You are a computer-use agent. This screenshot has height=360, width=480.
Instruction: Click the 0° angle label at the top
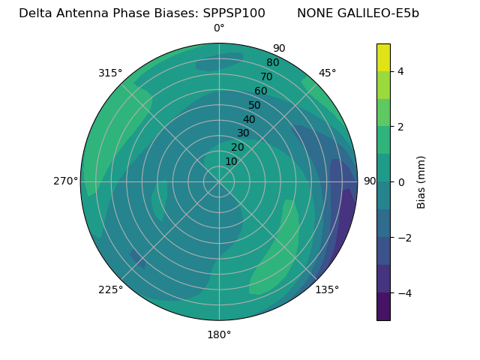[219, 28]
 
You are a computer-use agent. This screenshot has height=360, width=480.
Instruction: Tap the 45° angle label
[327, 73]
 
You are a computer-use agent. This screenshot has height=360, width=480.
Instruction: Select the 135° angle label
[327, 289]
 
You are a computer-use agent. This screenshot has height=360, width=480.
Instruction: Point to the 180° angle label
[219, 334]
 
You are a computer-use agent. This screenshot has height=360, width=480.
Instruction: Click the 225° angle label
[110, 289]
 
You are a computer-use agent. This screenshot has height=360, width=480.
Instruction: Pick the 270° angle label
[66, 181]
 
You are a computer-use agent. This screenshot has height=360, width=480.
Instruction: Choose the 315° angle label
[110, 73]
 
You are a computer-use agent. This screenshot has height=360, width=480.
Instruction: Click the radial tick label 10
[231, 161]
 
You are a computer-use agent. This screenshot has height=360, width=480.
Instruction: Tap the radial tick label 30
[243, 133]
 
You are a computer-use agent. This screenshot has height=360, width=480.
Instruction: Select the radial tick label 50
[254, 106]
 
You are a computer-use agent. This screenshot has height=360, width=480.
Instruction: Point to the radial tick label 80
[272, 63]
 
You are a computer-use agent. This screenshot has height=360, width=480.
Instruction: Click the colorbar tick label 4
[401, 71]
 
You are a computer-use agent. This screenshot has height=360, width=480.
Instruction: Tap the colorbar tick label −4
[401, 293]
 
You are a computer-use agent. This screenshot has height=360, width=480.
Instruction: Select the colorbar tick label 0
[401, 182]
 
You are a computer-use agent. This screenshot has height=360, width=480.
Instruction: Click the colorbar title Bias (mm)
[421, 182]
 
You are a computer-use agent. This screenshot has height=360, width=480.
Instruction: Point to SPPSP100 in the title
[234, 13]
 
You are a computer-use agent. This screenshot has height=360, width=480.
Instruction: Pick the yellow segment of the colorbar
[383, 57]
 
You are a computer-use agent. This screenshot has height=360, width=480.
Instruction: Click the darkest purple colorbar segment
[383, 307]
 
